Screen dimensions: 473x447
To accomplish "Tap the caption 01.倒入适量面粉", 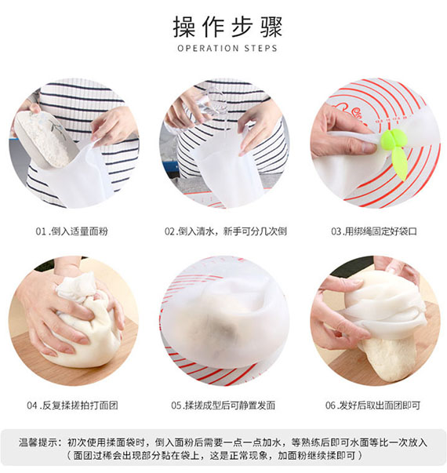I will point(74,232).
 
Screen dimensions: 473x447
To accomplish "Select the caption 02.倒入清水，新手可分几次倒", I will point(223,232).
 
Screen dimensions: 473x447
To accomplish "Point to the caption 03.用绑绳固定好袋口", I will point(372,232).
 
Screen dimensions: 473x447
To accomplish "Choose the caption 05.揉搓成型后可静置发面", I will point(223,406).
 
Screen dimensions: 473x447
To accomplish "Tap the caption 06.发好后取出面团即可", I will point(372,406).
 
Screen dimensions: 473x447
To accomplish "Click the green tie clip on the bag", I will point(395,144).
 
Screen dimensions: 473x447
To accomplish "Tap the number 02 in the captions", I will point(170,232).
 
